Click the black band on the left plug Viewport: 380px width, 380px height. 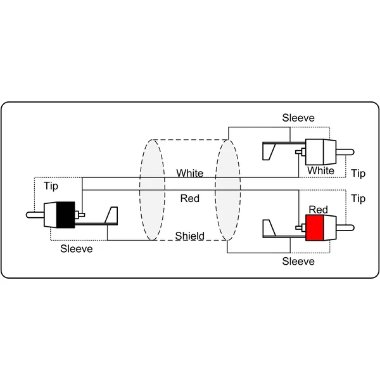[65, 215]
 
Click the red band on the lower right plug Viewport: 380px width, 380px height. [315, 227]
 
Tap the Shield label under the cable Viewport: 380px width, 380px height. [190, 236]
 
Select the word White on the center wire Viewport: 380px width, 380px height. [190, 173]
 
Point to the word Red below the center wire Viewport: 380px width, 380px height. [190, 198]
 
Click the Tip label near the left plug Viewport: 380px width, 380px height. [51, 186]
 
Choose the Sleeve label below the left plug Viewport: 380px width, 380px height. [77, 249]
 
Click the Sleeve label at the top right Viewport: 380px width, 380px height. [298, 118]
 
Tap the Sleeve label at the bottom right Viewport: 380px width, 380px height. [298, 261]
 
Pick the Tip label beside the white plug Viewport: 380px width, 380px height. [358, 174]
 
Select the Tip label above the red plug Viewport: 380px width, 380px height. [358, 199]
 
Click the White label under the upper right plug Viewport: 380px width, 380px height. [320, 170]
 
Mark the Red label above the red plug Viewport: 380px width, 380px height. [318, 210]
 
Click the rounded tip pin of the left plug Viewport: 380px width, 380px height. [35, 215]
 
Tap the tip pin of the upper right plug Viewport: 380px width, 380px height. [345, 152]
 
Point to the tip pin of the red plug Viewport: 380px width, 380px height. [345, 228]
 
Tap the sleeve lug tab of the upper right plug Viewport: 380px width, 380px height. [269, 152]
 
